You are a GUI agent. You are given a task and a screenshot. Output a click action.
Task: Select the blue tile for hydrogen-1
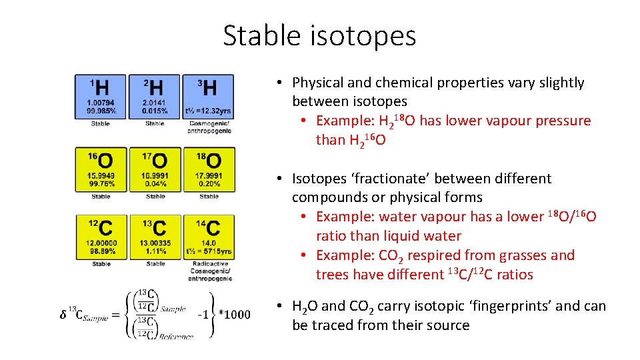point(101,96)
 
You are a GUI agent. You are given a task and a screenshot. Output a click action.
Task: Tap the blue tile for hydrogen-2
point(155,96)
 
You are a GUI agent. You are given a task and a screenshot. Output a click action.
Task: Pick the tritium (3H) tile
point(209,96)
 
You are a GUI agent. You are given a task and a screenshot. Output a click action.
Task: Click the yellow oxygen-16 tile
point(101,169)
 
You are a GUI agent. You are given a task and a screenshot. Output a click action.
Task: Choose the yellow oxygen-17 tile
point(155,169)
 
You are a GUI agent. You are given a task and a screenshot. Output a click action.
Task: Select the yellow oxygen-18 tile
point(209,169)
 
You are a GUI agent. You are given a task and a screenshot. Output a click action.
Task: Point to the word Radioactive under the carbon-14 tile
point(209,263)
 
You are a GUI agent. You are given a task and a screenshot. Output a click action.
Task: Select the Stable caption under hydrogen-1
point(101,123)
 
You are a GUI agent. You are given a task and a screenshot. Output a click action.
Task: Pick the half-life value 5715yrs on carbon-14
point(219,251)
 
